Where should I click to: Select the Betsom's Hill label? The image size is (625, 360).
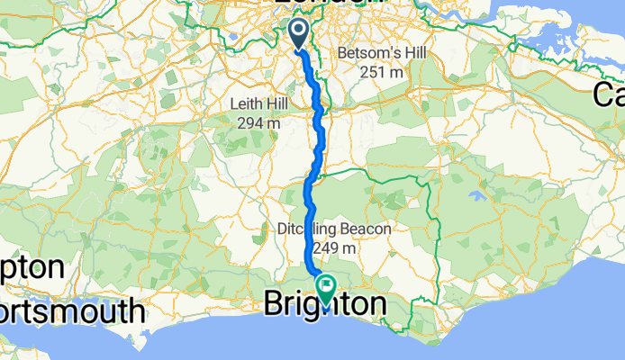pyautogui.click(x=372, y=54)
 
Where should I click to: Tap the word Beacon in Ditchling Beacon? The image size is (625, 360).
pyautogui.click(x=364, y=229)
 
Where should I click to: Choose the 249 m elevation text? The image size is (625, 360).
pyautogui.click(x=335, y=247)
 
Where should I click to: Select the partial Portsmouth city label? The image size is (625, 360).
pyautogui.click(x=72, y=311)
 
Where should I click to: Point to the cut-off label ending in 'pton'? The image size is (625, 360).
pyautogui.click(x=32, y=268)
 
